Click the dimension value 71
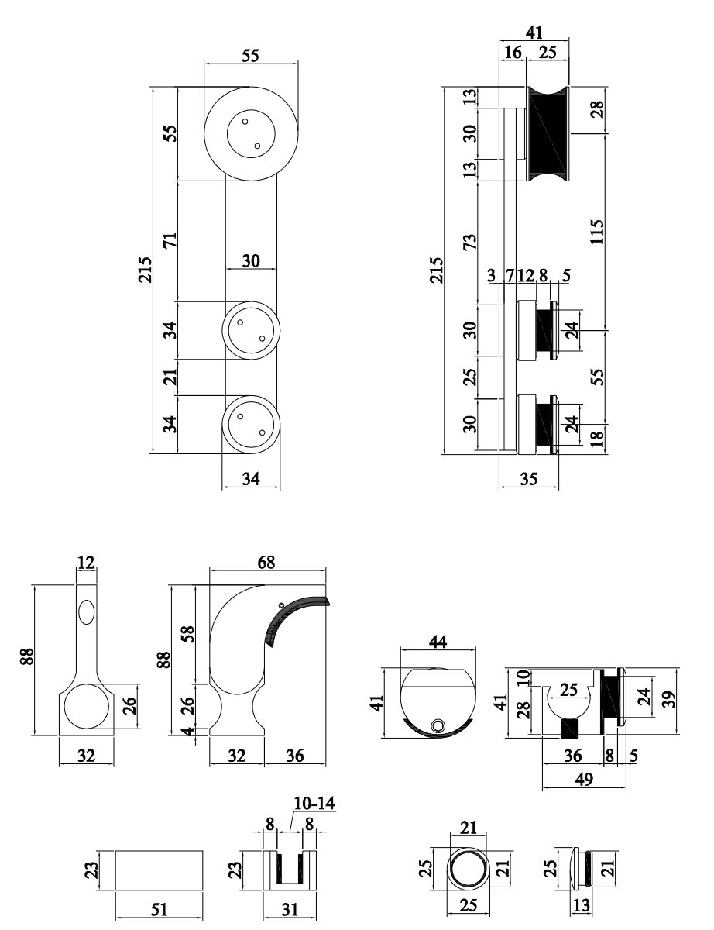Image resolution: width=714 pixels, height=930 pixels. pyautogui.click(x=170, y=240)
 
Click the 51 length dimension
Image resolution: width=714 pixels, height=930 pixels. pyautogui.click(x=159, y=909)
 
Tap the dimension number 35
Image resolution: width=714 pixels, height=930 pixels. pyautogui.click(x=529, y=480)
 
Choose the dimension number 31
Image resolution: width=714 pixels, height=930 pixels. pyautogui.click(x=288, y=909)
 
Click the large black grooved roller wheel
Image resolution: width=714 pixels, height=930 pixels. pyautogui.click(x=548, y=133)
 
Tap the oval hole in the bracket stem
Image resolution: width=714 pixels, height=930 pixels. pyautogui.click(x=87, y=611)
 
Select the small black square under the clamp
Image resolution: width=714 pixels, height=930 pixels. pyautogui.click(x=570, y=728)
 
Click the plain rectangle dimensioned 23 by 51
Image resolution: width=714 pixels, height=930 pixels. pyautogui.click(x=159, y=871)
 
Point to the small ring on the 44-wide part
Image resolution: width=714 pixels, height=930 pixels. pyautogui.click(x=439, y=725)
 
